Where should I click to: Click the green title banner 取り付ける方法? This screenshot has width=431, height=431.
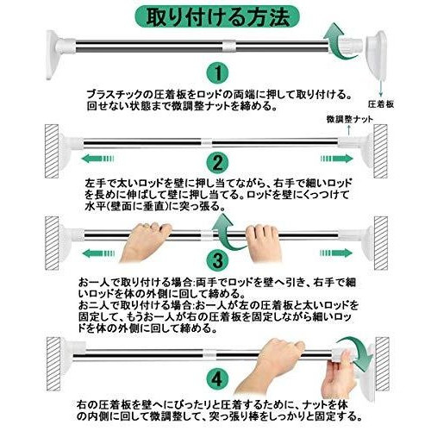coord(217,17)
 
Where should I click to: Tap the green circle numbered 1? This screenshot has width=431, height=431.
coord(217,73)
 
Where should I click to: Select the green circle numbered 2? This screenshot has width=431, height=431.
coord(217,163)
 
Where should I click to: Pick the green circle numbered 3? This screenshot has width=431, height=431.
coord(217,260)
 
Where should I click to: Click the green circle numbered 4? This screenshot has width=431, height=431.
coord(217,378)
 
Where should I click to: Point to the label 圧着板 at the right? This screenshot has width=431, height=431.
coord(381,104)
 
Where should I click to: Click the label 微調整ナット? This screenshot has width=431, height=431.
coord(349,119)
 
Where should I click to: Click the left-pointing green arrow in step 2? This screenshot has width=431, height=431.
coord(97,159)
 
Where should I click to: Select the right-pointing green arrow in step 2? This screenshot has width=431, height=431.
coord(337,159)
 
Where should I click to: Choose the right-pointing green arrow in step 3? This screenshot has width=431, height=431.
coord(336,253)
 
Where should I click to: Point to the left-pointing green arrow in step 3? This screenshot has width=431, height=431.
coord(98,253)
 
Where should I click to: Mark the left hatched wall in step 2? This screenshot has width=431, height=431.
coord(52,151)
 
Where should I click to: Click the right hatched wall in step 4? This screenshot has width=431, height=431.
coord(382,364)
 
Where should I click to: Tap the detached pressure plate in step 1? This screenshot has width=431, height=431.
coord(377,54)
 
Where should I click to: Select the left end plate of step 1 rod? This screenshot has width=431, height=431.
coord(53,54)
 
